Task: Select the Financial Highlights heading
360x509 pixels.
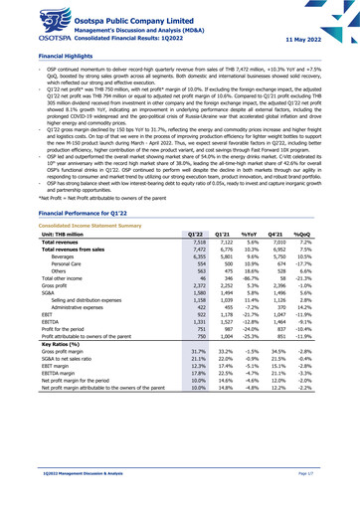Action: (x=40, y=57)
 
